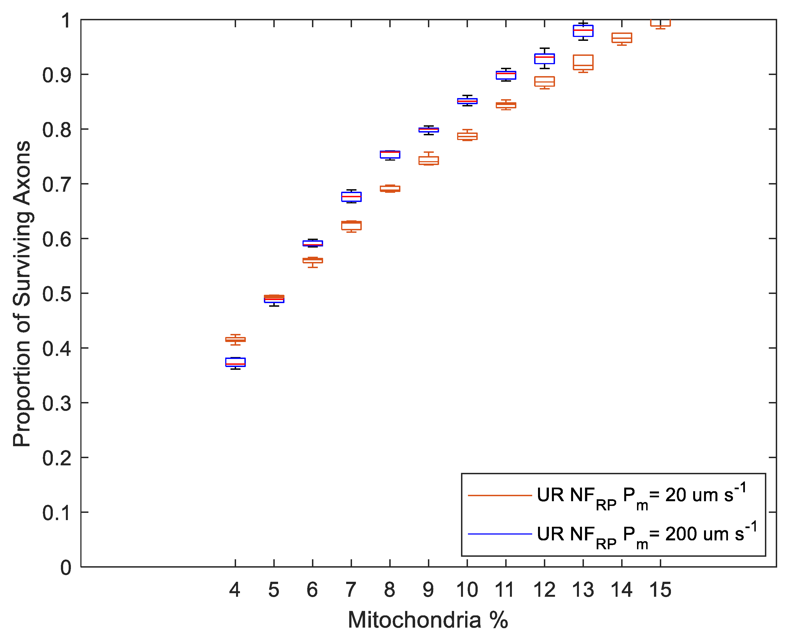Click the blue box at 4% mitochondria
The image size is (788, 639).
[x=236, y=362]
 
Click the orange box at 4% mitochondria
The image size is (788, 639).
[x=236, y=340]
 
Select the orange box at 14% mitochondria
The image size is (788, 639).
[x=622, y=38]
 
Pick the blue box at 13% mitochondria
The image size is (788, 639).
[x=583, y=31]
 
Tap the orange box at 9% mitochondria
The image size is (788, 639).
[x=428, y=161]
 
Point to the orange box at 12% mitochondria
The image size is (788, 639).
[x=544, y=82]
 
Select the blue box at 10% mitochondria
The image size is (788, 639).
[x=467, y=101]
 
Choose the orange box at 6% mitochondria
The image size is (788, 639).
[x=313, y=261]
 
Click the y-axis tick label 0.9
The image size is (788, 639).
[x=56, y=75]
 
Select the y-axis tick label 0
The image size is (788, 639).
[x=66, y=567]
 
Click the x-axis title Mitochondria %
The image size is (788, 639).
[x=428, y=620]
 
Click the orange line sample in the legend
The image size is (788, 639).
[x=500, y=495]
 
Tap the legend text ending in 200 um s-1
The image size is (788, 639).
[x=646, y=534]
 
